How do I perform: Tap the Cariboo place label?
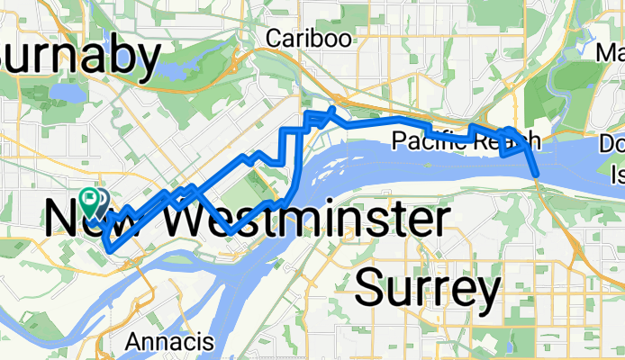click(x=309, y=38)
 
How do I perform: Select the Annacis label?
click(x=169, y=342)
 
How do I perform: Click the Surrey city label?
click(x=428, y=290)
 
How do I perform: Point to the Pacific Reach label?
click(x=466, y=140)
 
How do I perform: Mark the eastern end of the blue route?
click(x=537, y=173)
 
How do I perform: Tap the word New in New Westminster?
click(x=81, y=220)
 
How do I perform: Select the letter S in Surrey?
click(x=372, y=290)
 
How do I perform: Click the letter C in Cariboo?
click(x=275, y=38)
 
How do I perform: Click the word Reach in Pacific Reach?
click(x=509, y=140)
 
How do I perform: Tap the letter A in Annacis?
click(x=133, y=342)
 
